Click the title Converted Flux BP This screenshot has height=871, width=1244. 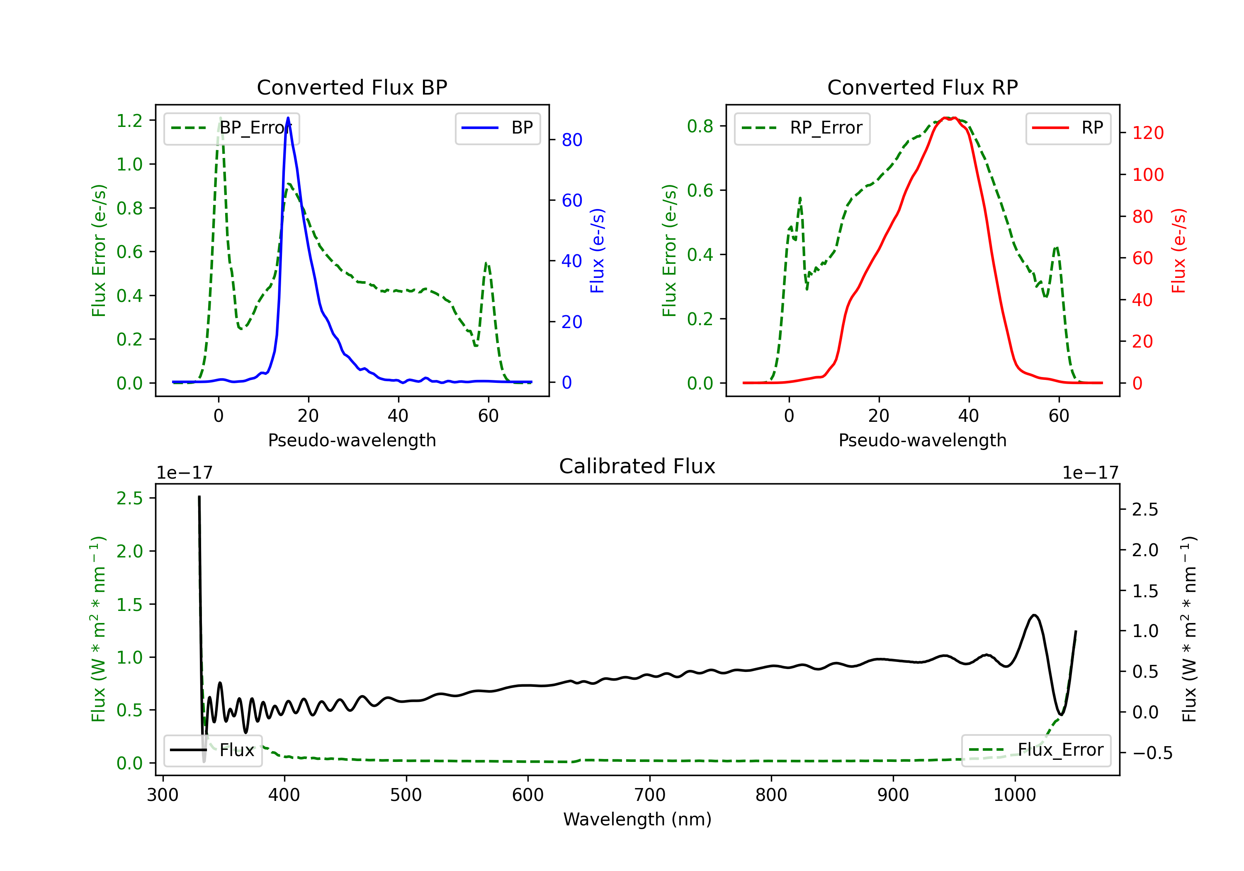pos(352,87)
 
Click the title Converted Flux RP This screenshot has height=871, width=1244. pos(923,87)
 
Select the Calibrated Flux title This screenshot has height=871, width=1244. pos(637,466)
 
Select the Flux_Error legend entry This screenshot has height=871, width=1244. pos(1036,750)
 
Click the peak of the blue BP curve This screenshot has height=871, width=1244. pos(288,118)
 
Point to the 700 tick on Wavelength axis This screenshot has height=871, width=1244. pos(650,795)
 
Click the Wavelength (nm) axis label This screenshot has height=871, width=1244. pos(637,820)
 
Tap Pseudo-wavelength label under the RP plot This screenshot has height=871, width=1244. pos(923,440)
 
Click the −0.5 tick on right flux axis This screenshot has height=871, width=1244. pos(1152,753)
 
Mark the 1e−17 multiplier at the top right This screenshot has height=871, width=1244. pos(1091,473)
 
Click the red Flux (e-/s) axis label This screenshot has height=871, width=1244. pos(1179,251)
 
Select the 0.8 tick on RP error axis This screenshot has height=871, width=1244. pos(700,126)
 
